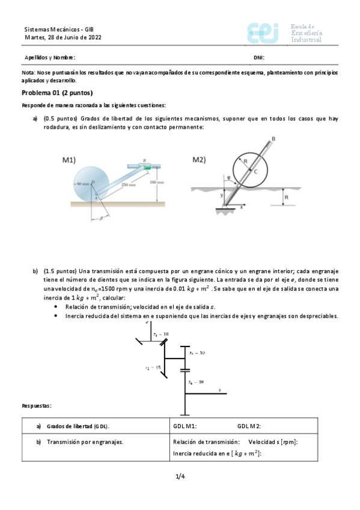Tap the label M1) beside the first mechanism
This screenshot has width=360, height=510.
(70, 160)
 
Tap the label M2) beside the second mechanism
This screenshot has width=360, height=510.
(199, 160)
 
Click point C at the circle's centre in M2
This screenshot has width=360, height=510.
(256, 172)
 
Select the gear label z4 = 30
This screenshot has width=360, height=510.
(196, 382)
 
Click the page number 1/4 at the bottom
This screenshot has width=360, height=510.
(180, 477)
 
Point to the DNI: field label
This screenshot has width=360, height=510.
(259, 58)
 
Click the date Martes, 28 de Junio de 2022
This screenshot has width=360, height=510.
(63, 37)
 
